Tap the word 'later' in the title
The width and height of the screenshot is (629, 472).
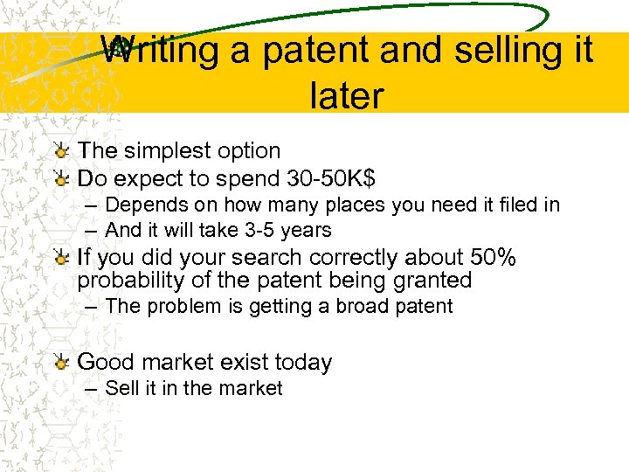click(346, 95)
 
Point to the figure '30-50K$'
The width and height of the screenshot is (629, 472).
click(331, 179)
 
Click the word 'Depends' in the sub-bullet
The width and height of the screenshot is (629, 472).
click(141, 205)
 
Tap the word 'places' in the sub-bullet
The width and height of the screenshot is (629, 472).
click(360, 205)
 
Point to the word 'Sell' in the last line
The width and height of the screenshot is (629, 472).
click(121, 388)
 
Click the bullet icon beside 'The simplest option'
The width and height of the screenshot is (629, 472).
click(60, 152)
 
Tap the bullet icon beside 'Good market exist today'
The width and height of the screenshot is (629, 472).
click(60, 363)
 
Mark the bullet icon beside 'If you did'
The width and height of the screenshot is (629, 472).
click(60, 259)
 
